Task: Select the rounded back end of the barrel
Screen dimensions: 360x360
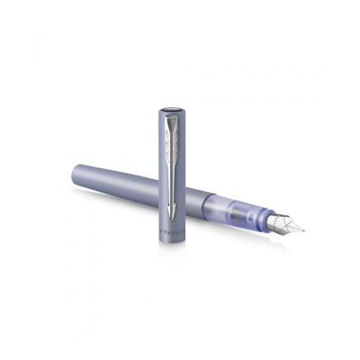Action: click(x=75, y=171)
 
